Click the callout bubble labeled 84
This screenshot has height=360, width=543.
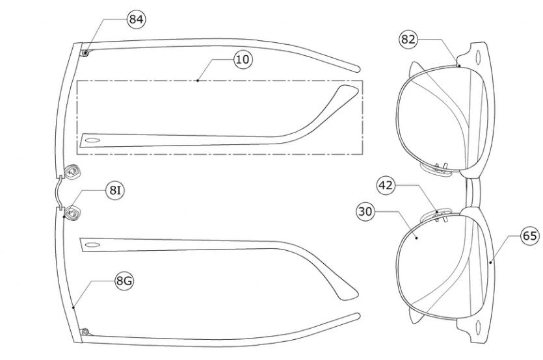136,19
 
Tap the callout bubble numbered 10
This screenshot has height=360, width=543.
243,60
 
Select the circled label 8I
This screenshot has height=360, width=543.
115,190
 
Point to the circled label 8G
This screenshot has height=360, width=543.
124,281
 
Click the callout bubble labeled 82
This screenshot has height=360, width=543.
408,39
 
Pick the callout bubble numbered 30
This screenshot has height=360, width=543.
365,211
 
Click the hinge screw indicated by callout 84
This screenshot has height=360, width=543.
85,53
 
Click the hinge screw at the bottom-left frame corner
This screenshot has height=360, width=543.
85,332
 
